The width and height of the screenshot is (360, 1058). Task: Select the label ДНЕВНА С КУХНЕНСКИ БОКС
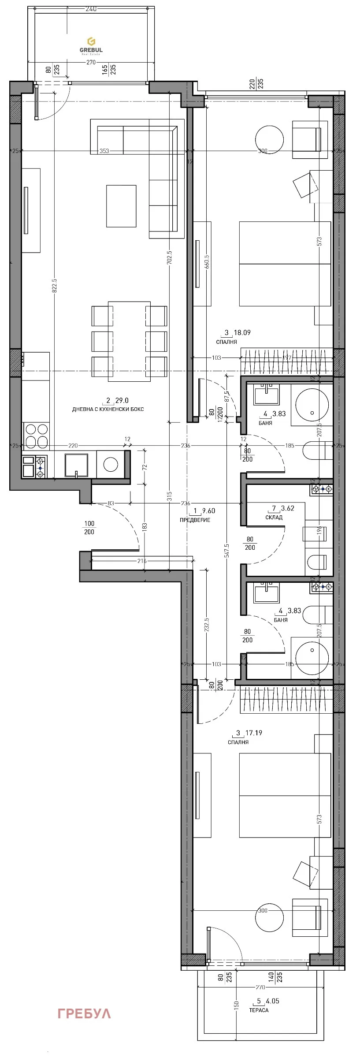[108, 409]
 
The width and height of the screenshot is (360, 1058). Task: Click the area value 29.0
[122, 400]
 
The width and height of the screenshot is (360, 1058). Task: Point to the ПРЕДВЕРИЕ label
[195, 520]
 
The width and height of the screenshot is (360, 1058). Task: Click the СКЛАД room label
[274, 517]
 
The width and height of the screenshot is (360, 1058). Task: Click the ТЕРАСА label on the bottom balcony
[259, 998]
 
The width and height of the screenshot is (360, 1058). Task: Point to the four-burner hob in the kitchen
[36, 435]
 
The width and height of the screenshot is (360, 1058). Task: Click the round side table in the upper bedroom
[269, 139]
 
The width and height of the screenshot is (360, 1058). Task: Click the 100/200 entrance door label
[89, 528]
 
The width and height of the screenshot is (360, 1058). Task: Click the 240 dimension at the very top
[91, 9]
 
